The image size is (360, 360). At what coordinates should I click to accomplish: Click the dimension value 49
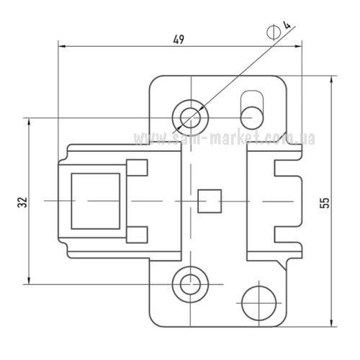point(179,40)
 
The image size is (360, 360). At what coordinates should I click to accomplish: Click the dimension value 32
point(22,202)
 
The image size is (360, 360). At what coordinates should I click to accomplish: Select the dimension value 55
point(325,203)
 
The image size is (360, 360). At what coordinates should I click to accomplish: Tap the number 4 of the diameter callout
point(287,25)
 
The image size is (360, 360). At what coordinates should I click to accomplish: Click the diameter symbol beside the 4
point(274,31)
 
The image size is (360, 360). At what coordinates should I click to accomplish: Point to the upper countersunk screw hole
point(190,117)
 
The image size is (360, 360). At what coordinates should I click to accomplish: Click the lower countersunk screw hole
point(190,285)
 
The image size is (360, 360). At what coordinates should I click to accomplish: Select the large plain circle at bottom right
point(259,303)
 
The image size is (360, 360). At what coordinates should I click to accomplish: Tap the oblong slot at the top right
point(252,109)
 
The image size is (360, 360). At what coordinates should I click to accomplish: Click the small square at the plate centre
point(210,201)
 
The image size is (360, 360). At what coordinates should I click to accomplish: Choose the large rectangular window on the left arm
point(96,201)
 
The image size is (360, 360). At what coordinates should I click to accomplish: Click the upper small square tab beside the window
point(137,168)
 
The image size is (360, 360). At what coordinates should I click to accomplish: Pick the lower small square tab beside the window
point(137,235)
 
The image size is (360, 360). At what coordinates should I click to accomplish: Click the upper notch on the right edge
point(287,168)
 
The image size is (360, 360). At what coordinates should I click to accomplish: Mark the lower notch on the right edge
point(287,235)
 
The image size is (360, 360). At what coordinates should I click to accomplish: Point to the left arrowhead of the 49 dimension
point(62,46)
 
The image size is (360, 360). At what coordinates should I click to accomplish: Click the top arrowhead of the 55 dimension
point(331,79)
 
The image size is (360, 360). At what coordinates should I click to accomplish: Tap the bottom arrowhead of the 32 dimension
point(29,281)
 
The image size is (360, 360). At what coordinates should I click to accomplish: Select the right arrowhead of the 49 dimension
point(298,46)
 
